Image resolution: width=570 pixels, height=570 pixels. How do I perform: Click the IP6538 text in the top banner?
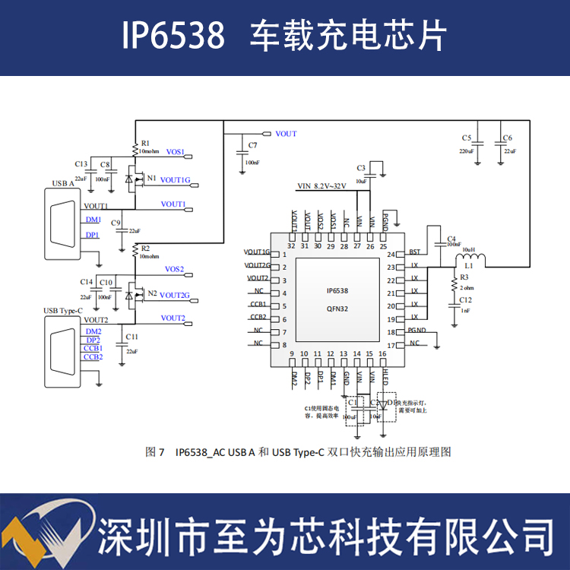[x=173, y=35]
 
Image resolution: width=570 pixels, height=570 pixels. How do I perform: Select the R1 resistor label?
[x=145, y=143]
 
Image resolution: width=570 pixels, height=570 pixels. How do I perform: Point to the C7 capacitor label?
[x=252, y=144]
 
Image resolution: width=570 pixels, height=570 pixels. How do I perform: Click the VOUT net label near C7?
[x=286, y=134]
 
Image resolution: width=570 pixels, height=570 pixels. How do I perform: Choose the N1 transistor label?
[x=152, y=178]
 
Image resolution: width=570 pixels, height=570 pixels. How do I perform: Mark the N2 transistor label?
[x=152, y=293]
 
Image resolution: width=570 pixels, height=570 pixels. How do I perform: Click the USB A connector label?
[x=63, y=183]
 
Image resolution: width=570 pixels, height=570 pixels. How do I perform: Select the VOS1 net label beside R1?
[x=176, y=152]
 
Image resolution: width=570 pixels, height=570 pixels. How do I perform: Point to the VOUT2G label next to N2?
[x=175, y=295]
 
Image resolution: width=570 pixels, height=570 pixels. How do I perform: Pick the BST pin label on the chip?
[x=414, y=252]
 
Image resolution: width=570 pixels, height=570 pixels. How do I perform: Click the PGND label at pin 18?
[x=416, y=331]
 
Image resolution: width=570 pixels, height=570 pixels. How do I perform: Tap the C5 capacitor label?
[x=467, y=138]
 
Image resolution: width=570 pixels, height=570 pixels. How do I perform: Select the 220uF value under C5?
[x=467, y=152]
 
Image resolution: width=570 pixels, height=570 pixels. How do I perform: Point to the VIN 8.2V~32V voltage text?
[x=321, y=186]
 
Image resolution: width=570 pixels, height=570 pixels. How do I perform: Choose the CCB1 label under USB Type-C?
[x=93, y=348]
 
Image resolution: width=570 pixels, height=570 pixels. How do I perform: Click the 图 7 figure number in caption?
[x=155, y=452]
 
